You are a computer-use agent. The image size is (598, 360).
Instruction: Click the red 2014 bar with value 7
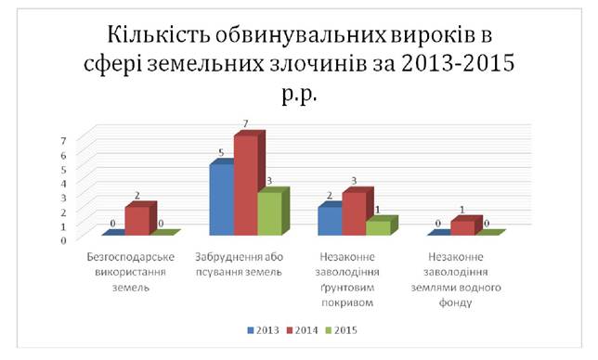pyautogui.click(x=246, y=186)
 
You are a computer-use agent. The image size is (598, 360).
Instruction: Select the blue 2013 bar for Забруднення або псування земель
pyautogui.click(x=222, y=199)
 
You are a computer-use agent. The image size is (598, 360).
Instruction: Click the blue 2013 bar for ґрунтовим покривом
pyautogui.click(x=331, y=221)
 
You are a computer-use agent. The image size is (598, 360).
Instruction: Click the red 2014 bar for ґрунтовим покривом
pyautogui.click(x=355, y=213)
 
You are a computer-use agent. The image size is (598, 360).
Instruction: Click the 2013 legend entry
pyautogui.click(x=263, y=330)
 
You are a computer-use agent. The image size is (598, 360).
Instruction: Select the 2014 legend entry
pyautogui.click(x=303, y=330)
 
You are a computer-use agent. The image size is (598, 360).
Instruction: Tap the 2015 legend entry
pyautogui.click(x=342, y=330)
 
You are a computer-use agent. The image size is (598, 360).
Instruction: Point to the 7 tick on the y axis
pyautogui.click(x=63, y=141)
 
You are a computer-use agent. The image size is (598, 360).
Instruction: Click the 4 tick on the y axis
pyautogui.click(x=63, y=183)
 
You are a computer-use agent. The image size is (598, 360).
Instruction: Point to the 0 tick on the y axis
pyautogui.click(x=63, y=240)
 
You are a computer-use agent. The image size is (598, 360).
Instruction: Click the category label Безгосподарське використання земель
pyautogui.click(x=130, y=272)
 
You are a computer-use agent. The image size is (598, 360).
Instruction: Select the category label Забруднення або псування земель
pyautogui.click(x=240, y=264)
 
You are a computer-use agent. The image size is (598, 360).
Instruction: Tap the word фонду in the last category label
pyautogui.click(x=455, y=302)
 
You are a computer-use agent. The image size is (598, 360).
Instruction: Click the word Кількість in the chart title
pyautogui.click(x=159, y=34)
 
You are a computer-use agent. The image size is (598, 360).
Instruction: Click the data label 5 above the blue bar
pyautogui.click(x=221, y=153)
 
